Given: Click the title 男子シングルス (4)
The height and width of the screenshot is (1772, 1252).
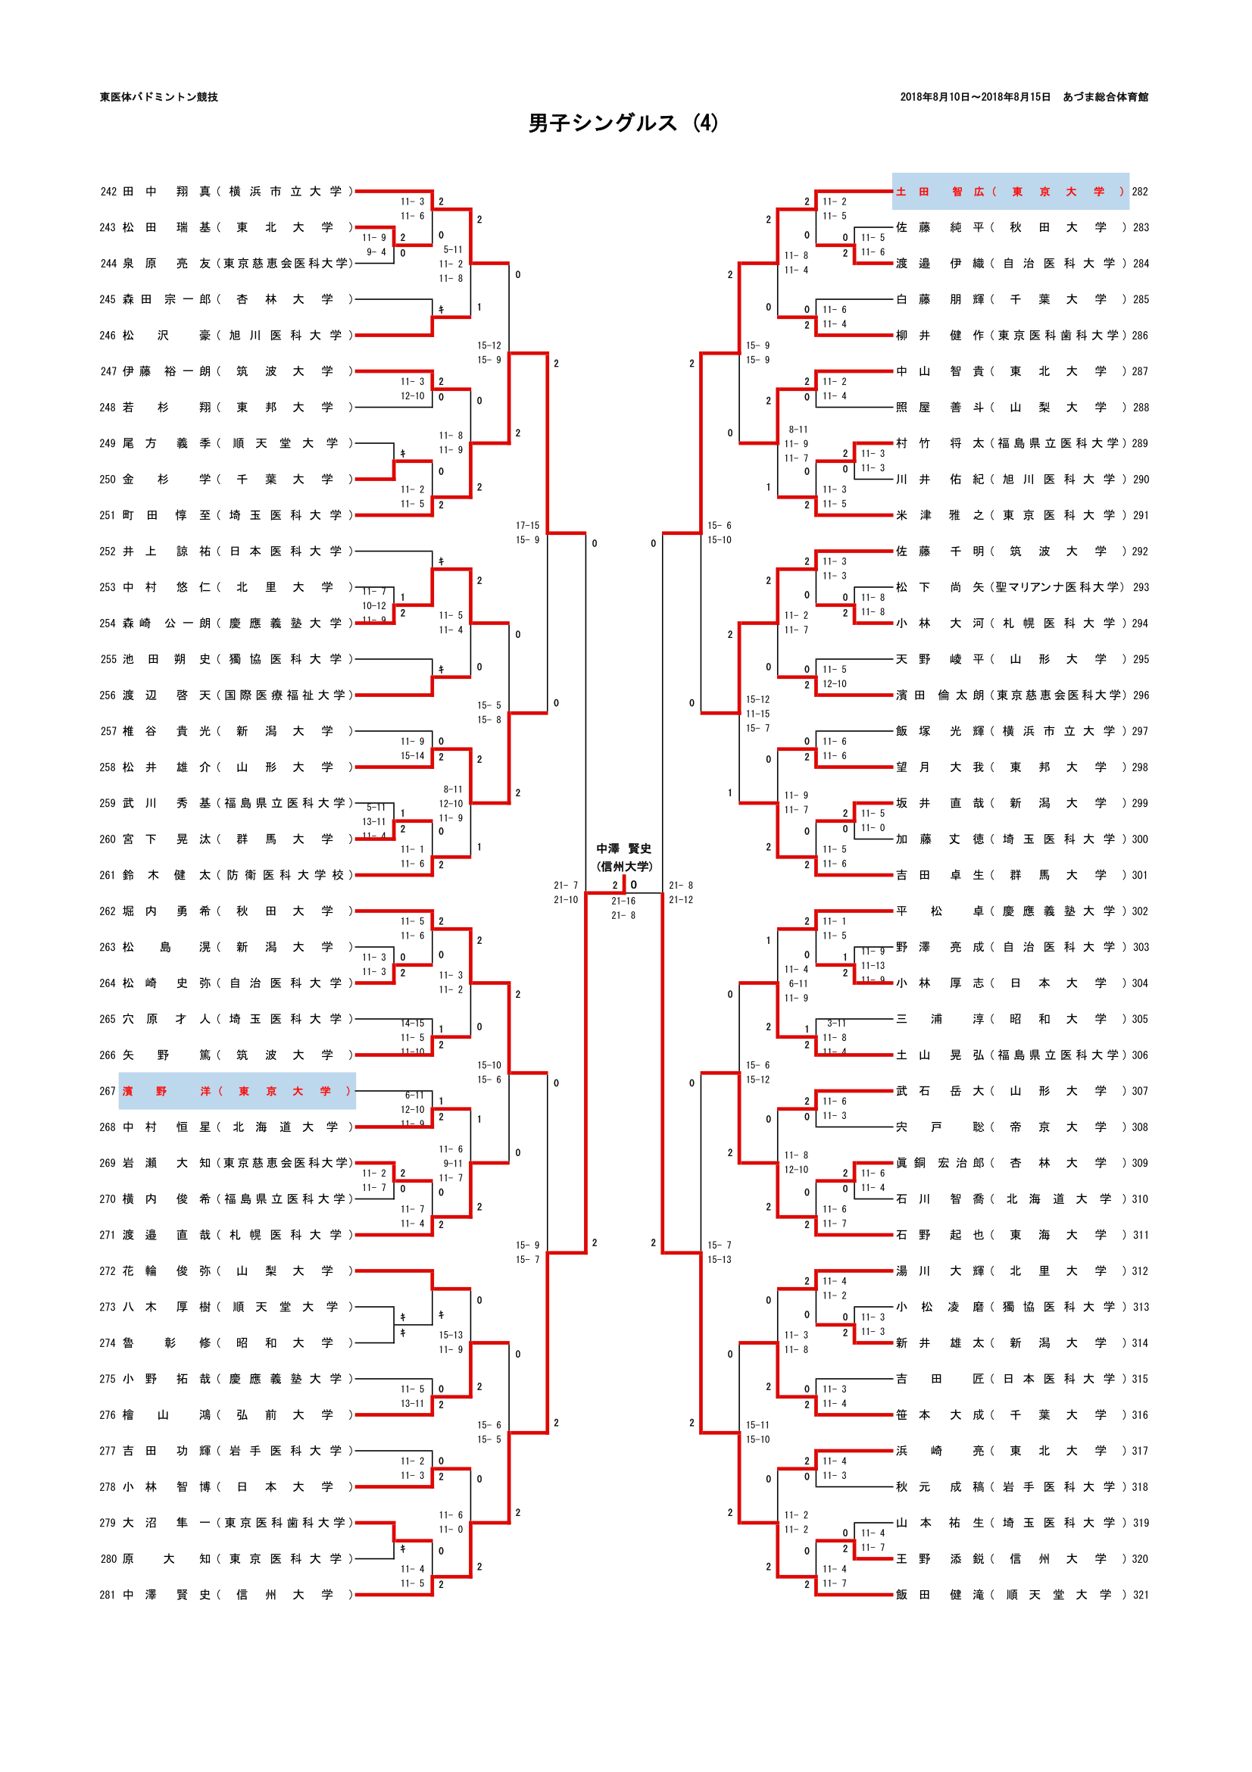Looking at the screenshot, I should click(x=623, y=123).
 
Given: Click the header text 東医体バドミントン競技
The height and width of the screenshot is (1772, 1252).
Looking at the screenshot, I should click(x=159, y=97).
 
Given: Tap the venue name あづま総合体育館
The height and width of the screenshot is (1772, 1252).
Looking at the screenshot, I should click(x=1104, y=97).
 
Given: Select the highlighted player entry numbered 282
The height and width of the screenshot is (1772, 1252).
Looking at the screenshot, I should click(x=1010, y=192).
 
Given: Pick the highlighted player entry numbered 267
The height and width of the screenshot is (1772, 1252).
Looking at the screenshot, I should click(x=237, y=1091).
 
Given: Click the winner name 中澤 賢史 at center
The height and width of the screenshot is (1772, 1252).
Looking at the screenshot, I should click(x=623, y=848).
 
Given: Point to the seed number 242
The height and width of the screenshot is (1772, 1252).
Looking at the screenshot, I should click(x=109, y=192).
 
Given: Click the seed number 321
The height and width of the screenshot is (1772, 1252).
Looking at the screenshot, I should click(x=1140, y=1595).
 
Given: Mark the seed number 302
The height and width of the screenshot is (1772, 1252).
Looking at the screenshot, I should click(x=1140, y=911).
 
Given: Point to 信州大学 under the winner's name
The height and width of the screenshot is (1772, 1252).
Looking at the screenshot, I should click(x=623, y=866).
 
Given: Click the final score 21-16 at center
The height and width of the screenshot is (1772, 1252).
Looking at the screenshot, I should click(x=623, y=901).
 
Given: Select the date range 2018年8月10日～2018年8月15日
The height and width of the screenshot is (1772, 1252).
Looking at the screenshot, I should click(x=974, y=97).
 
